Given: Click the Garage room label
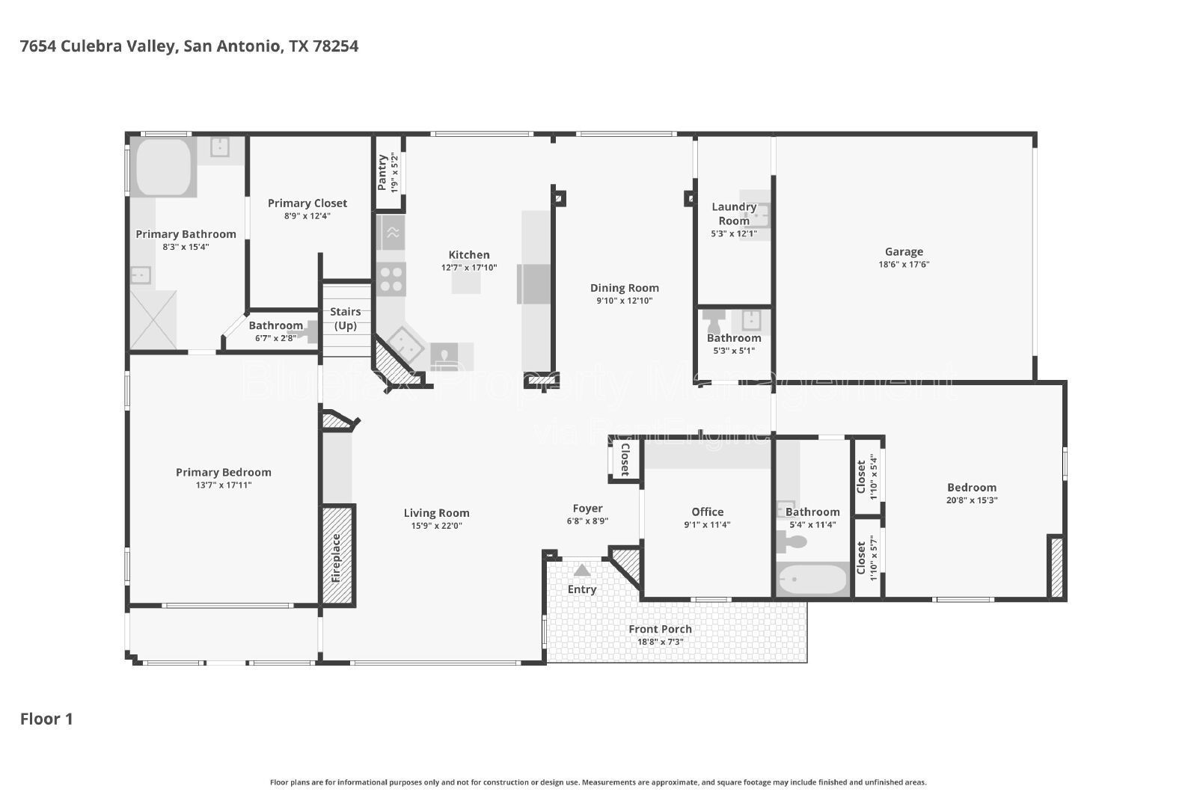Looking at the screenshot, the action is click(x=904, y=251).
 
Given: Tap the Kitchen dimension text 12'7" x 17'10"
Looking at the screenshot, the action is click(x=468, y=268).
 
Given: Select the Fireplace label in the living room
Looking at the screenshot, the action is click(x=336, y=558).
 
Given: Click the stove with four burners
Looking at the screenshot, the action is click(x=391, y=280).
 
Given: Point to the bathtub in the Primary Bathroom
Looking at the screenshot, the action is click(x=164, y=167).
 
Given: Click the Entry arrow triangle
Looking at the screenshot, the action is click(x=582, y=571).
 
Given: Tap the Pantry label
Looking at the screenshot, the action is click(x=382, y=172).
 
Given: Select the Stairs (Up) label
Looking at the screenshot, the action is click(x=345, y=319).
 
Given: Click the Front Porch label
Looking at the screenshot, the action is click(x=660, y=629).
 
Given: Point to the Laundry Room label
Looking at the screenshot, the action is click(x=734, y=214).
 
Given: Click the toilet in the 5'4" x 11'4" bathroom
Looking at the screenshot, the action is click(x=791, y=542).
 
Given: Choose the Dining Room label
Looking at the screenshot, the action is click(x=624, y=288).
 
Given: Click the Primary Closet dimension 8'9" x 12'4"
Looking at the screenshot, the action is click(x=307, y=216).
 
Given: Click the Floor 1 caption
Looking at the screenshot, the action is click(x=46, y=719).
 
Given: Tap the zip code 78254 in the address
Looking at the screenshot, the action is click(x=336, y=46).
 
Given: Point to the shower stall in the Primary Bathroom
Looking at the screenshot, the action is click(x=153, y=320).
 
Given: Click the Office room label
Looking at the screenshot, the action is click(x=707, y=512).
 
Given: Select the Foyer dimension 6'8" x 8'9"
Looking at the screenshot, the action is click(x=587, y=521).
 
